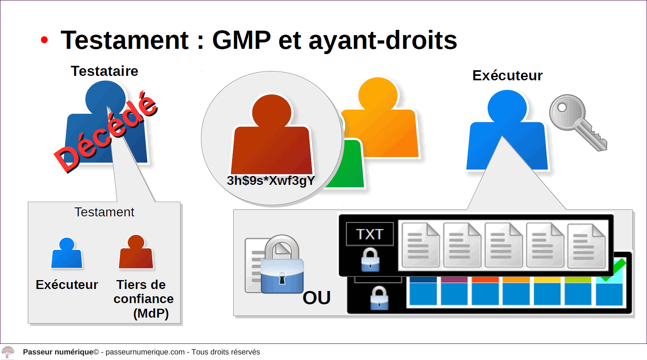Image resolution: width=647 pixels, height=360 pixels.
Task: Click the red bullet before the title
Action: point(44,40)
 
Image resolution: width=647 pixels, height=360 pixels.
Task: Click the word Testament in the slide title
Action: point(125,40)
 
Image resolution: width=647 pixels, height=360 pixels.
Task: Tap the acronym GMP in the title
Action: point(241,40)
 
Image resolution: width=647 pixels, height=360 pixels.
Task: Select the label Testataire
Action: point(105,71)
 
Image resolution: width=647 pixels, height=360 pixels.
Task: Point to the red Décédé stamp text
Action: point(106,132)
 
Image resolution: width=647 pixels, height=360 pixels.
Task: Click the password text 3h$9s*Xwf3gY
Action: point(271,181)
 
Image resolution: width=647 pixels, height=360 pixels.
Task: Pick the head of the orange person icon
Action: point(378,94)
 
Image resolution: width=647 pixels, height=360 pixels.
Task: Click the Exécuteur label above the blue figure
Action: point(507,76)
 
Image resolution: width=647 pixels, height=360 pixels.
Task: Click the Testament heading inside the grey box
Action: point(104,212)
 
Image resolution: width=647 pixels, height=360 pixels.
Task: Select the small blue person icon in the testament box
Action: point(67,253)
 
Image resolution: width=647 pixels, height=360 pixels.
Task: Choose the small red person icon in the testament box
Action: point(136,252)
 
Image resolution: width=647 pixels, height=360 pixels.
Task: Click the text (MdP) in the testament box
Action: point(151,314)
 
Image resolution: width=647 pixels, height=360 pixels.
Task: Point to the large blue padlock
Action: point(282,264)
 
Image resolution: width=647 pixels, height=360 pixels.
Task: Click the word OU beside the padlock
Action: point(316,298)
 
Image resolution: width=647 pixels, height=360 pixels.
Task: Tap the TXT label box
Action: point(370,234)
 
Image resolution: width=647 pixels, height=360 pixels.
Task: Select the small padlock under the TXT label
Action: point(370,260)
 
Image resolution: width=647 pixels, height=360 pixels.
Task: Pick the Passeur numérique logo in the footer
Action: point(8,352)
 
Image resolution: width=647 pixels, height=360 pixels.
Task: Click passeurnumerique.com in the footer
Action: point(145,352)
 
